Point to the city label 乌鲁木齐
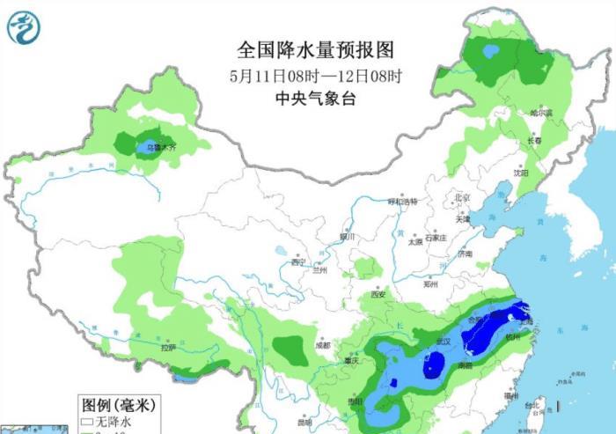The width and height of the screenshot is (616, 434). click(161, 148)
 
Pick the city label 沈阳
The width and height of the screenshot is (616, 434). click(522, 173)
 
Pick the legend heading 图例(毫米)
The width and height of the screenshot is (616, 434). click(118, 406)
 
